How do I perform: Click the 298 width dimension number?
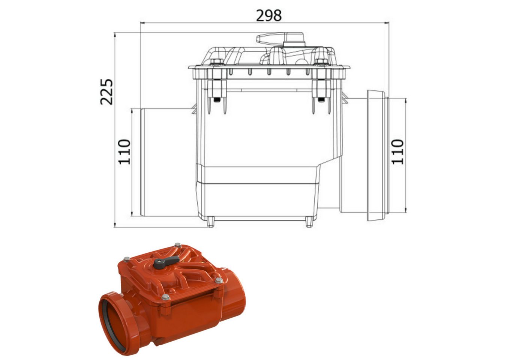[x=268, y=16]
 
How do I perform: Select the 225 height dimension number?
[x=106, y=91]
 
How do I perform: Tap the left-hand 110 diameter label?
[x=124, y=151]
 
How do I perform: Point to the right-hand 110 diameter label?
[x=398, y=151]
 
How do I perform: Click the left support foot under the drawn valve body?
[x=210, y=222]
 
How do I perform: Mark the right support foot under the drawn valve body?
[x=309, y=222]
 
